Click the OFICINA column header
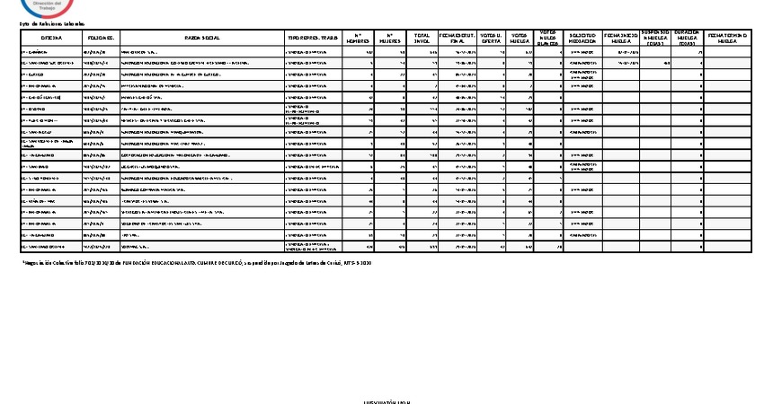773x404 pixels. tap(51, 38)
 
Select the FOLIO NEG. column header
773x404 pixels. tap(100, 38)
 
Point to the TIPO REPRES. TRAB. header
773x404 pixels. tap(313, 38)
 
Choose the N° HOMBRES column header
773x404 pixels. tap(359, 38)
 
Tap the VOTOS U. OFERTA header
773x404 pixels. tap(491, 38)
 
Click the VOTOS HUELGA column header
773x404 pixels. tap(520, 38)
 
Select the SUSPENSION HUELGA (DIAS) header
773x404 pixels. tap(655, 38)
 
